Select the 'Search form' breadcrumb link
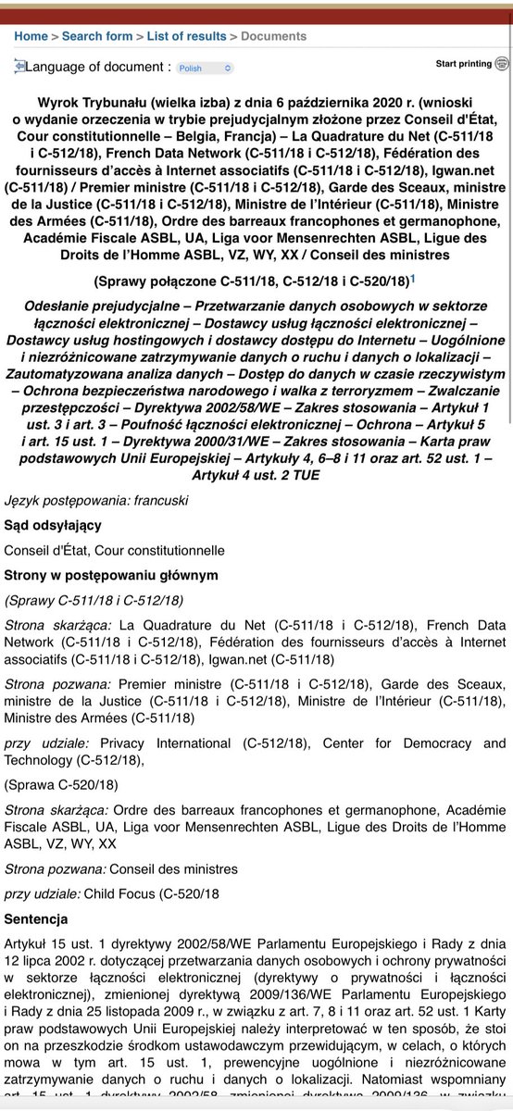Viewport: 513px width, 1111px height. [x=97, y=36]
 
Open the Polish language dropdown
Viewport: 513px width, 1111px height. [x=205, y=68]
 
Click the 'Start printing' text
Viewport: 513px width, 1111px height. [x=463, y=64]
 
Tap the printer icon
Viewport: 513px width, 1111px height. [x=502, y=64]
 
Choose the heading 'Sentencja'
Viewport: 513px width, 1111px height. [x=36, y=920]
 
